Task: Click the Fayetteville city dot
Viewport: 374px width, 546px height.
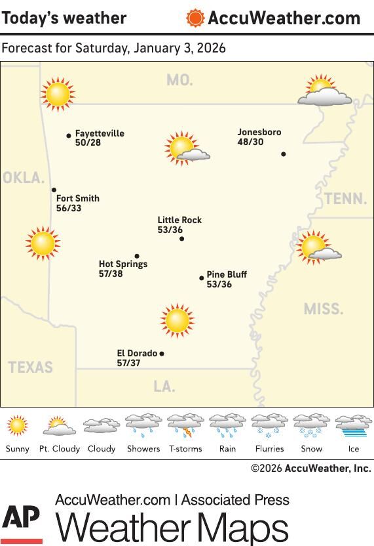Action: point(69,136)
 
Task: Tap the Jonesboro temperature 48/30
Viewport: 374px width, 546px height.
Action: point(250,142)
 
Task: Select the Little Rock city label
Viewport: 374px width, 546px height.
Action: point(179,220)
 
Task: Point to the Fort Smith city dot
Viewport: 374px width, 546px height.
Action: point(54,190)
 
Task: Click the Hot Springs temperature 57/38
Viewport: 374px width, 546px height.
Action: point(111,274)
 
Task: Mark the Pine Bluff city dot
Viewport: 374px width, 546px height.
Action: point(202,278)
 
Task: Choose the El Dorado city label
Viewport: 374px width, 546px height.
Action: point(137,353)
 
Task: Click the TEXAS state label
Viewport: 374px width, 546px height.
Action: point(31,367)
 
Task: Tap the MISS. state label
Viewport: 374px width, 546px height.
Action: point(323,308)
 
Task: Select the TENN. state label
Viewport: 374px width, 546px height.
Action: point(345,198)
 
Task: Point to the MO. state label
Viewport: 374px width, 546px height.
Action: point(179,80)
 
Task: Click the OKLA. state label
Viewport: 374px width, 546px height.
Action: point(24,178)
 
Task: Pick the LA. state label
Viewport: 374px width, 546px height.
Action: point(164,387)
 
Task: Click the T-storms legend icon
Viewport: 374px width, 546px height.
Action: point(185,427)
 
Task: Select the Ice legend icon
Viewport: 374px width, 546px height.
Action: point(353,427)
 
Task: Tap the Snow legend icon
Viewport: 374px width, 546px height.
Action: point(311,427)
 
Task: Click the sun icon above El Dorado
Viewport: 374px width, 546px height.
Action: point(177,320)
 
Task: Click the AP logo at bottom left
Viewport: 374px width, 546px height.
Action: point(21,523)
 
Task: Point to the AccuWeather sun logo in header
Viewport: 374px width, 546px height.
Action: point(195,18)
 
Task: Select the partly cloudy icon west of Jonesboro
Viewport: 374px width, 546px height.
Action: point(185,148)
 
